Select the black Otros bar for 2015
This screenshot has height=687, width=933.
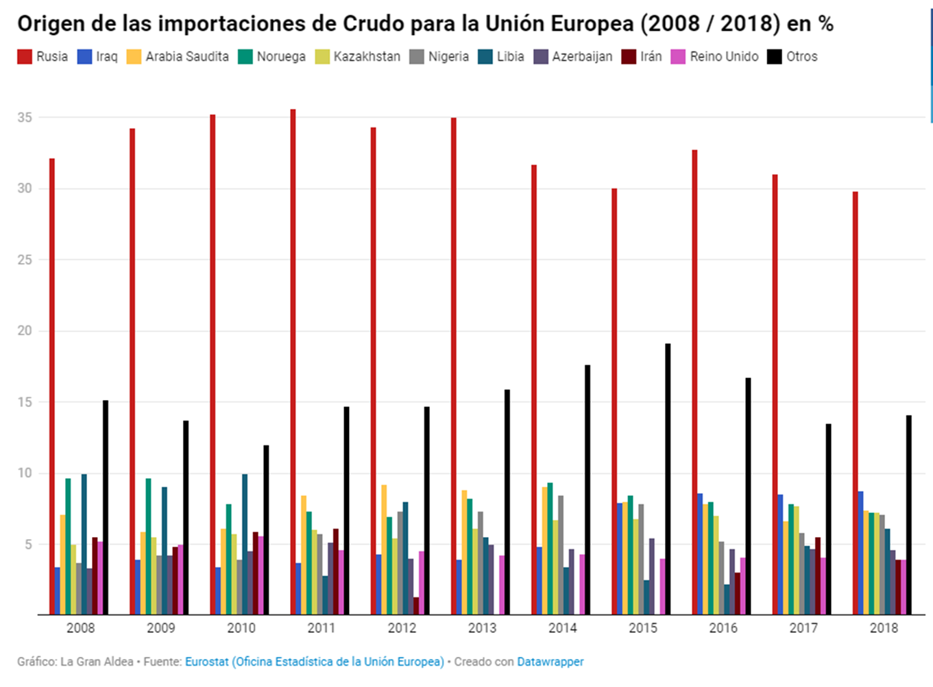click(x=668, y=479)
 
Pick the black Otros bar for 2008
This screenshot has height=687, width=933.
click(x=106, y=508)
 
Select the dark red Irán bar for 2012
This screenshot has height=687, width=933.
click(x=416, y=606)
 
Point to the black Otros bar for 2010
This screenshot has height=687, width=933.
click(x=266, y=530)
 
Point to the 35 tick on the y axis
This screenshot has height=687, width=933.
click(x=25, y=118)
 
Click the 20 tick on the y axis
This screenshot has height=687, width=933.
click(x=25, y=331)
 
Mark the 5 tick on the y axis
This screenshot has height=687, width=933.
click(x=27, y=545)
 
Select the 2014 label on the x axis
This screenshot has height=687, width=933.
click(x=562, y=628)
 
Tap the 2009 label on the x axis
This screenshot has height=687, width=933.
click(x=161, y=628)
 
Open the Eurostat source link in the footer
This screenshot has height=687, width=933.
click(x=314, y=662)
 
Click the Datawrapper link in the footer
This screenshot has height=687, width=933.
click(x=550, y=662)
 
